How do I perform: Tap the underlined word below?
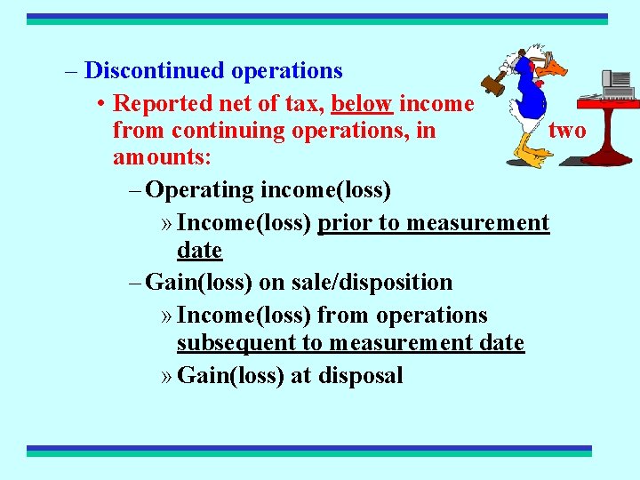click(362, 104)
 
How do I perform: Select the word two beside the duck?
click(567, 131)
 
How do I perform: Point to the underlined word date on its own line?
click(199, 251)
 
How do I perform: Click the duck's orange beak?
click(553, 67)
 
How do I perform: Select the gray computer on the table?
click(619, 84)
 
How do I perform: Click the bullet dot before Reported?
click(103, 105)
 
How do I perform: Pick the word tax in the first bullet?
click(303, 104)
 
